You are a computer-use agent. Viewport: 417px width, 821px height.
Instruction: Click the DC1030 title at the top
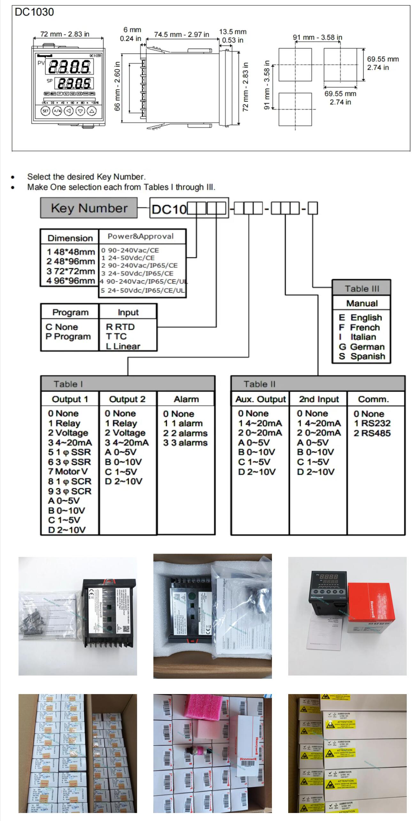34,12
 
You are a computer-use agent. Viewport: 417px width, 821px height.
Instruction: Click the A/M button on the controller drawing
57,111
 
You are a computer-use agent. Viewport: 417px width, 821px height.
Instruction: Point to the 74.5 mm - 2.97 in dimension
181,35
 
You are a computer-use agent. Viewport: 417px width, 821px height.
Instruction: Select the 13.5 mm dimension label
233,32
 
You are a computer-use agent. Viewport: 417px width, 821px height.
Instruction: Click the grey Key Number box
89,208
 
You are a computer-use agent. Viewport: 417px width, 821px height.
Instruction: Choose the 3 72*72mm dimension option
71,271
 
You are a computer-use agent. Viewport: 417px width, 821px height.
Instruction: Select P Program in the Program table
68,337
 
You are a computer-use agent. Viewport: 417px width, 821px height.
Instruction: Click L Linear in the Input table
123,346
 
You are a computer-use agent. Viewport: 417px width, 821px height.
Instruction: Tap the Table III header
362,289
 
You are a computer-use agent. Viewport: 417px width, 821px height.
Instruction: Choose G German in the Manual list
362,347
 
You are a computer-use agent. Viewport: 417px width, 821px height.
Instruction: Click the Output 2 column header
127,399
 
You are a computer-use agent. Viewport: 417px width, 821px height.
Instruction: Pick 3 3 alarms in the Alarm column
185,443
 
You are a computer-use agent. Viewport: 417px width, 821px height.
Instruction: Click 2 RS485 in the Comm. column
372,433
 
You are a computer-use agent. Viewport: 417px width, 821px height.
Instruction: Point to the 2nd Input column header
319,399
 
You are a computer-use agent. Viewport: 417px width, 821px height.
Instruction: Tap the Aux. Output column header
260,399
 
